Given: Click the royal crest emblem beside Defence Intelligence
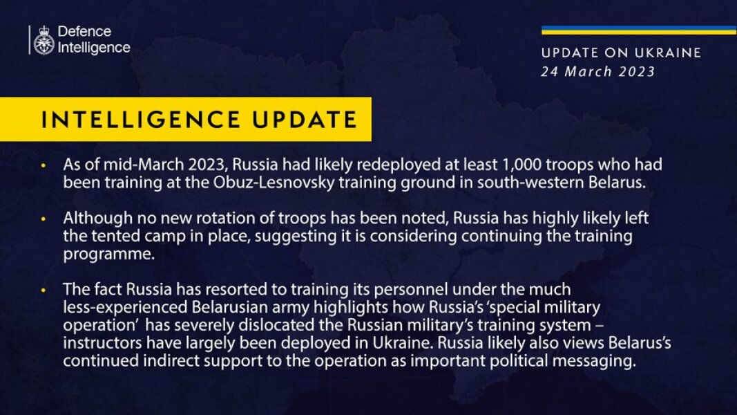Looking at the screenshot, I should point(44,40).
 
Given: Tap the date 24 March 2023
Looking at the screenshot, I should point(598,71).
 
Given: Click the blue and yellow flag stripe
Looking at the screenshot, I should point(638,30).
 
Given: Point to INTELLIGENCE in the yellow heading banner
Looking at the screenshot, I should point(142,119).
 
